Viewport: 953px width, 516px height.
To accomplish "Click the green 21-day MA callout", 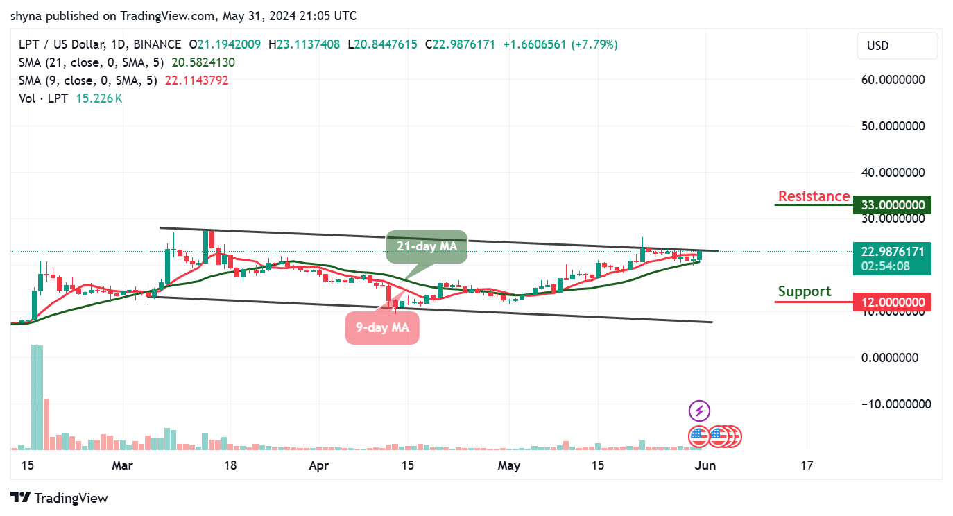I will click(427, 246).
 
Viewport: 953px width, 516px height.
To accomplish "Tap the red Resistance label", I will click(814, 196).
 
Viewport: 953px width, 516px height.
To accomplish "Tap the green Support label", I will click(805, 291).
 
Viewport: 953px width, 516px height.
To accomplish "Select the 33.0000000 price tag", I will click(892, 205).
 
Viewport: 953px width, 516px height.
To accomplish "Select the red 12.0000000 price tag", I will click(892, 302).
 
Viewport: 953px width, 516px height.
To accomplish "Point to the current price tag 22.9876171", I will click(892, 252).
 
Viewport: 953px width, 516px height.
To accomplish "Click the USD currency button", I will click(898, 46).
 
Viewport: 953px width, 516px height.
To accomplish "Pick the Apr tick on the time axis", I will click(318, 465).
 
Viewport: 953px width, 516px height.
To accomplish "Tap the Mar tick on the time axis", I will click(122, 465).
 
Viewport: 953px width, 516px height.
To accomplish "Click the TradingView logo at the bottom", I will click(60, 498).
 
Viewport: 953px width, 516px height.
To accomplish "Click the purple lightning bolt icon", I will click(698, 411).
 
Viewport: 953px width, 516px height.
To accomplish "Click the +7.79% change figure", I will click(594, 44).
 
